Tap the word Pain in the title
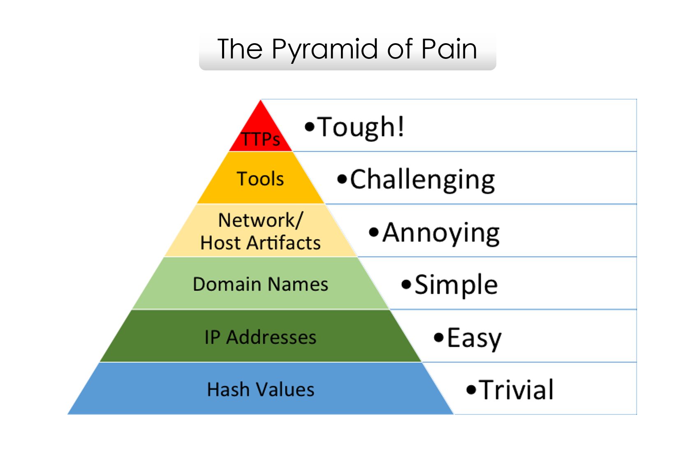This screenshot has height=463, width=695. (449, 49)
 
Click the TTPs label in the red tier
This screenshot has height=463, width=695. (261, 140)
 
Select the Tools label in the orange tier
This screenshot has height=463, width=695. (260, 179)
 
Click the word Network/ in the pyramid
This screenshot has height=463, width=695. (261, 220)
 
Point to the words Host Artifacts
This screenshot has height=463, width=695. (260, 243)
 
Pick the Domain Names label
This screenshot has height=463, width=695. (260, 284)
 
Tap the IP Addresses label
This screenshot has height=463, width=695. (260, 337)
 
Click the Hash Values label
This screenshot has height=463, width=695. (260, 389)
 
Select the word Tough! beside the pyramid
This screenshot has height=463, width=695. (361, 127)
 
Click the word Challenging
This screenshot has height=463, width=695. (422, 180)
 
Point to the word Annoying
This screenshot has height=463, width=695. (441, 233)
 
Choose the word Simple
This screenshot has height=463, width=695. (456, 285)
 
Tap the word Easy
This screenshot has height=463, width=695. (474, 338)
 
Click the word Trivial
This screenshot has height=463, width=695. (517, 390)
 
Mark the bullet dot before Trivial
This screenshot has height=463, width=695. (471, 390)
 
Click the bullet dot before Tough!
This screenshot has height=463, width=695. (309, 126)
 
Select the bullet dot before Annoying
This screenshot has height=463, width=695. (373, 232)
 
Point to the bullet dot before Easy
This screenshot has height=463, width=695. (439, 337)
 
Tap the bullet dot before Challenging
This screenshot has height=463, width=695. (342, 179)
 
